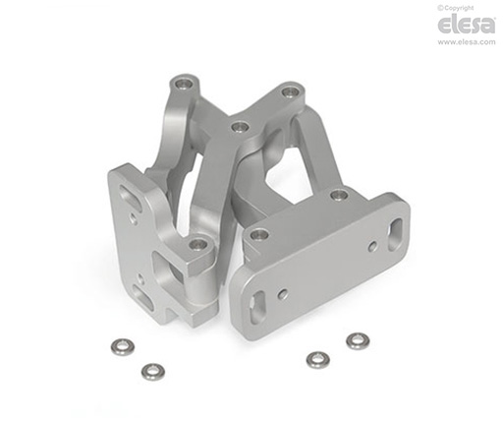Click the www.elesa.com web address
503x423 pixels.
(x=467, y=42)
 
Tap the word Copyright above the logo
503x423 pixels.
(x=458, y=8)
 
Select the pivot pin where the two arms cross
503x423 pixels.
(x=240, y=127)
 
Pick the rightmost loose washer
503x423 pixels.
(x=358, y=341)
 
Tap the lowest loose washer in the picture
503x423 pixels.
(x=153, y=372)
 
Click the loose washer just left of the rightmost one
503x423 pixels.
(x=317, y=360)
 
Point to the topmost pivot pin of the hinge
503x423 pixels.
(x=184, y=84)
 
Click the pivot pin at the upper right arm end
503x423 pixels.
(x=289, y=92)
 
